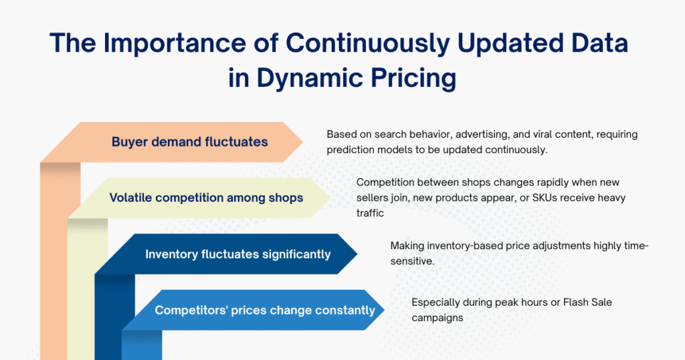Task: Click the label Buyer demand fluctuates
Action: (189, 142)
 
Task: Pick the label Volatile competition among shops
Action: (206, 197)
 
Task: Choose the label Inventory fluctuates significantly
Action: (237, 254)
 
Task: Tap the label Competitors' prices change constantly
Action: (265, 310)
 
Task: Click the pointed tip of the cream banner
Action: (330, 197)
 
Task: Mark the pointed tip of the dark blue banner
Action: (357, 254)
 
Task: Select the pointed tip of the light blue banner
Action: (385, 310)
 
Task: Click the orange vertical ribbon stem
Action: (54, 268)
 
